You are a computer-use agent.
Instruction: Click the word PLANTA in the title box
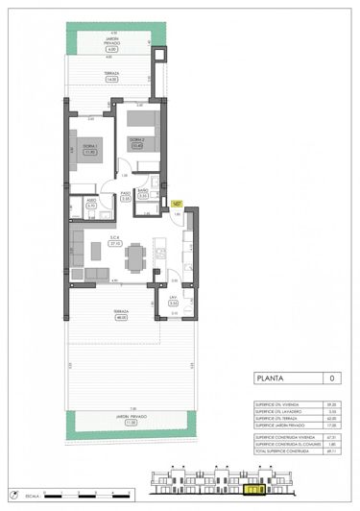[x=269, y=379]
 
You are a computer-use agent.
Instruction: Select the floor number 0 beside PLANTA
[x=332, y=379]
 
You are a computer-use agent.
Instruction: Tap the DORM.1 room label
[x=90, y=147]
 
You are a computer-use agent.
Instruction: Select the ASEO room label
[x=91, y=203]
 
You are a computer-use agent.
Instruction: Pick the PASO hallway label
[x=125, y=195]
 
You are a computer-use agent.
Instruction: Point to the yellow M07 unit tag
[x=177, y=204]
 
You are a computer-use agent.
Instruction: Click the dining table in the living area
[x=135, y=255]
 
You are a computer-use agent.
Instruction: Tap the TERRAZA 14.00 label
[x=111, y=77]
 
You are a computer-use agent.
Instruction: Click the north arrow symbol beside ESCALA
[x=50, y=495]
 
